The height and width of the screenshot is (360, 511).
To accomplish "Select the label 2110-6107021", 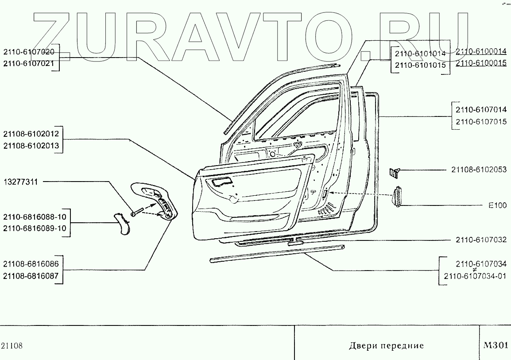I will [29, 64].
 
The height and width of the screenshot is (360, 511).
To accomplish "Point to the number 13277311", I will [21, 182].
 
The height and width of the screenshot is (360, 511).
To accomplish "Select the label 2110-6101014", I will [420, 54].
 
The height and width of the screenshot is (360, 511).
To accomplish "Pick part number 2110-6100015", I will [481, 63].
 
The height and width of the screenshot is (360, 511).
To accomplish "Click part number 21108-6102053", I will [479, 170].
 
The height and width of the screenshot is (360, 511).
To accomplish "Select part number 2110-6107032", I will [481, 240].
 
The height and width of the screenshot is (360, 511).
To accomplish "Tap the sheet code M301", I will [495, 345].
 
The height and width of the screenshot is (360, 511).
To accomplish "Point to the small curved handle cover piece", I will [122, 224].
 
